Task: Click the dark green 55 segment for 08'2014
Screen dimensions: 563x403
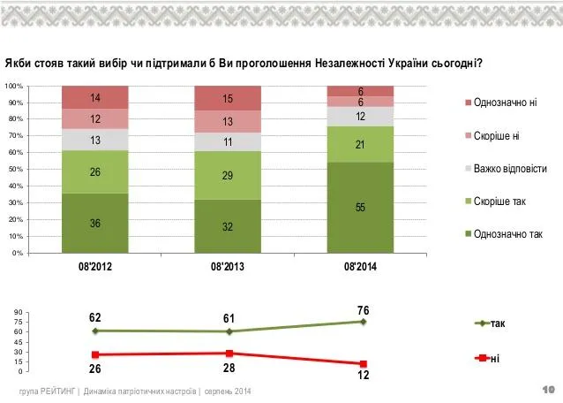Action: click(x=360, y=208)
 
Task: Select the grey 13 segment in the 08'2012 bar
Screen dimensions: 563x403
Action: click(x=95, y=140)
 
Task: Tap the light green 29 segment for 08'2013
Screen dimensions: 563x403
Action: click(x=228, y=176)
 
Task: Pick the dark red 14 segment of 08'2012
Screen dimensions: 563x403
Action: click(x=95, y=97)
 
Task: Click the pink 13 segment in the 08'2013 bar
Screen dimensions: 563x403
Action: click(x=228, y=121)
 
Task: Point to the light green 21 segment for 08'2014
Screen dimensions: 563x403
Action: click(x=360, y=145)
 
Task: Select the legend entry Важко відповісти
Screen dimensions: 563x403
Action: click(x=506, y=169)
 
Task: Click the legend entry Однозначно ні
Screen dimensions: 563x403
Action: click(x=501, y=103)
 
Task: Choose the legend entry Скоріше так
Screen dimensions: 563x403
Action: click(x=496, y=201)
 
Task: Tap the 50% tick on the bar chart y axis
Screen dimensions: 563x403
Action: click(x=15, y=169)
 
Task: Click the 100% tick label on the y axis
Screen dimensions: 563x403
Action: click(x=14, y=87)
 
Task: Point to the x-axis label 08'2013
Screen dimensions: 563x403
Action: click(x=228, y=267)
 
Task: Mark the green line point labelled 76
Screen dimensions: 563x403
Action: click(x=363, y=322)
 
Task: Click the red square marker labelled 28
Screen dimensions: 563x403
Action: click(x=229, y=354)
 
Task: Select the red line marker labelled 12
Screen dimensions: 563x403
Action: click(x=363, y=364)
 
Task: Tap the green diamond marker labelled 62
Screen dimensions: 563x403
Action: click(x=95, y=331)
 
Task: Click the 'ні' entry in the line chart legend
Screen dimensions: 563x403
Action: click(x=487, y=359)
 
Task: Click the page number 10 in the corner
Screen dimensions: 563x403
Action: click(x=549, y=390)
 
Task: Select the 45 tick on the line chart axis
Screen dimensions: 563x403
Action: click(x=19, y=342)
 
